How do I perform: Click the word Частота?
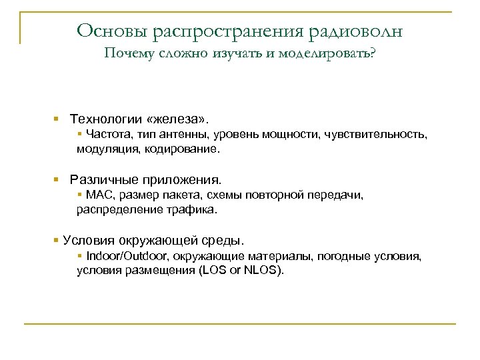click(105, 135)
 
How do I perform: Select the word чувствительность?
click(375, 135)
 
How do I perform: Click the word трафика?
click(197, 209)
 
